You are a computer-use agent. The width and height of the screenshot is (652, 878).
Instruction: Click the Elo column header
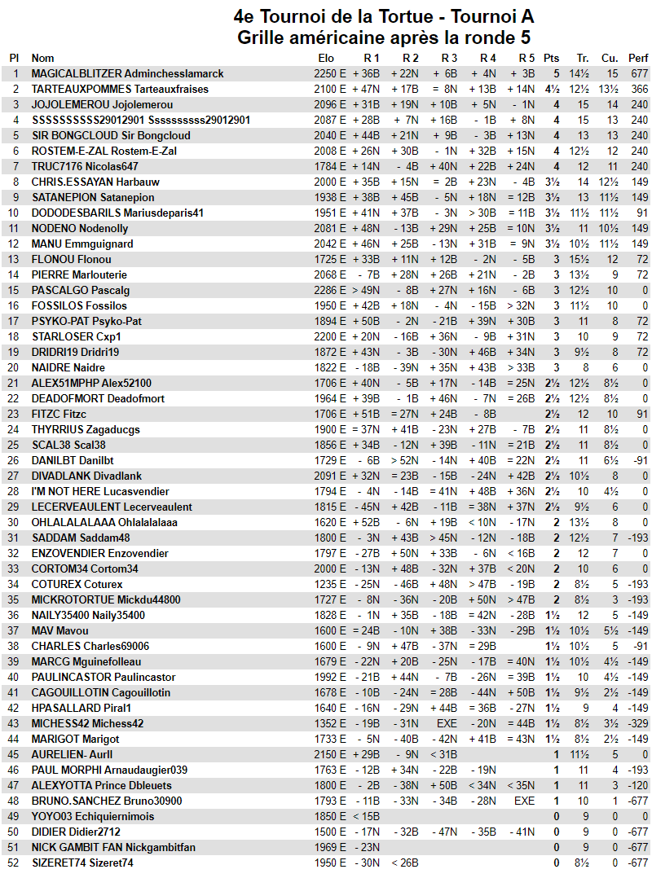coord(326,58)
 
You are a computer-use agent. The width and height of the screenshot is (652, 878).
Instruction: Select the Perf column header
coord(638,58)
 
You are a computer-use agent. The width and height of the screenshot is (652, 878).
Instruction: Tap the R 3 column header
coord(449,58)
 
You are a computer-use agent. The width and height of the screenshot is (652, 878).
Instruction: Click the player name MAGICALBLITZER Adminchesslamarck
coord(127,73)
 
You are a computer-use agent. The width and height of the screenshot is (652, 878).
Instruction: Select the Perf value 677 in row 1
coord(639,73)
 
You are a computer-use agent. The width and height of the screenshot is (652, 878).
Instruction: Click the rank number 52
coord(13,863)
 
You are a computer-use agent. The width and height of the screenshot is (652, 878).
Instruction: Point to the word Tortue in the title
coord(386,16)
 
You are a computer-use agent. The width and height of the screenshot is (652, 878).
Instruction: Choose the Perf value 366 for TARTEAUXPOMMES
coord(639,89)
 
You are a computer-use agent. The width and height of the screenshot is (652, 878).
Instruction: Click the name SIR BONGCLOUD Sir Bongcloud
coord(111,135)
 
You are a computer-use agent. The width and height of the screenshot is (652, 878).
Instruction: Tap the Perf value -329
coord(637,723)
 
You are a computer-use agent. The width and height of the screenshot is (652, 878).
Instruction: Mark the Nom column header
coord(43,58)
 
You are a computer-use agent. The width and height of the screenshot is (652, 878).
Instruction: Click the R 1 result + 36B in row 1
coord(367,73)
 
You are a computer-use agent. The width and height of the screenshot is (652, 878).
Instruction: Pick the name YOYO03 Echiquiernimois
coord(92,816)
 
